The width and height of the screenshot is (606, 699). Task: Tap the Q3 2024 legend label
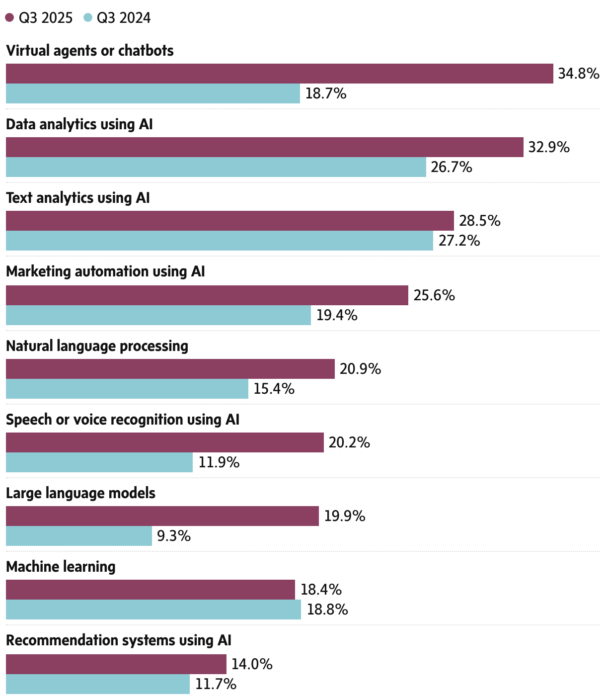pos(124,18)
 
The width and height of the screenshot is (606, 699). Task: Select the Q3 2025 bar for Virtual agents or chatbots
pos(279,74)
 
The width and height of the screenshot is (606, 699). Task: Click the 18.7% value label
pos(326,93)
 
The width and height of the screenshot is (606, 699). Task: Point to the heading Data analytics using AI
pos(79,124)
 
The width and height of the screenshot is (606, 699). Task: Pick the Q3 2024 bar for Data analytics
pos(216,167)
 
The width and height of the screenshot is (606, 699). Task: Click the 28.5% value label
pos(479,221)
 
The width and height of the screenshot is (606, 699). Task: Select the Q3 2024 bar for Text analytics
pos(219,241)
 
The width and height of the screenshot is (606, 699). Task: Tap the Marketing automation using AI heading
pos(105,271)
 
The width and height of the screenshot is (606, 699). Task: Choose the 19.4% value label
pos(337,315)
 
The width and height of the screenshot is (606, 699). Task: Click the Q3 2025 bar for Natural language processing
pos(170,369)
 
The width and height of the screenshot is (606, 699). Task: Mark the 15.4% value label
pos(274,389)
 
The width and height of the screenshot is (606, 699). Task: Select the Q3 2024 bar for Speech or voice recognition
pos(99,462)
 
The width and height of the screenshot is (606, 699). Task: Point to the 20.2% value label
pos(349,442)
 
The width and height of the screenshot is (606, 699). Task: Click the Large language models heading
pos(80,493)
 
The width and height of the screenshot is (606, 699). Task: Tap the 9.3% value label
pos(174,536)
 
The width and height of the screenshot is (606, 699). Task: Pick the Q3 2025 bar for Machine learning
pos(150,590)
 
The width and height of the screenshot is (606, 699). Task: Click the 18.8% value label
pos(327,610)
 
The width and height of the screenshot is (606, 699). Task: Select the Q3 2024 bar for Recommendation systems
pos(97,684)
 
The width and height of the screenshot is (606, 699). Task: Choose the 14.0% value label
pos(252,664)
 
